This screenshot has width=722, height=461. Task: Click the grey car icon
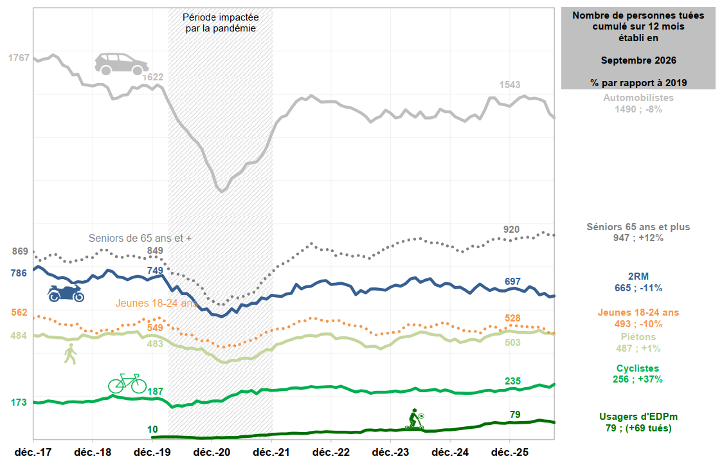point(122,64)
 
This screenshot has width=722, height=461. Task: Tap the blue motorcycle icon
point(66,293)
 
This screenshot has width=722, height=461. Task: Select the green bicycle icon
point(127,383)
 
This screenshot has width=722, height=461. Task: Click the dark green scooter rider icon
point(415,419)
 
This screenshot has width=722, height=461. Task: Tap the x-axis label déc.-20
point(212,452)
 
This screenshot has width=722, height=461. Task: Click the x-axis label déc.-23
point(390,452)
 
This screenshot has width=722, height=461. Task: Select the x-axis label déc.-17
point(33,452)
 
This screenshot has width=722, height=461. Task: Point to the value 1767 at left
point(19,58)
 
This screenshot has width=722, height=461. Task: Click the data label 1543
point(510,85)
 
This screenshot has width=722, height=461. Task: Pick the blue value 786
point(19,273)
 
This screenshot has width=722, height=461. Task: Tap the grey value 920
point(511,230)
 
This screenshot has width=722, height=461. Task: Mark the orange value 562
point(19,312)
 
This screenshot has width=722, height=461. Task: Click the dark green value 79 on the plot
point(515,415)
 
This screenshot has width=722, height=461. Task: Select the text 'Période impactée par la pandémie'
point(221,23)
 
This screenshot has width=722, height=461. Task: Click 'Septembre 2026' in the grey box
point(638,60)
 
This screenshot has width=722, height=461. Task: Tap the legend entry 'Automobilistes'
point(638,98)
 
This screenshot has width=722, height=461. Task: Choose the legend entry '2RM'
point(638,276)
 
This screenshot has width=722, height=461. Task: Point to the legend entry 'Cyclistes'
point(638,368)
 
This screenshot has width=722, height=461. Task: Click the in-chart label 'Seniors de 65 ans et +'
point(140,238)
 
